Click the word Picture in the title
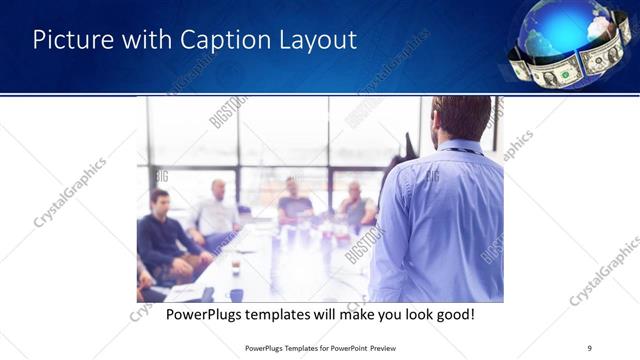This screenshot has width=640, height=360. click(x=68, y=41)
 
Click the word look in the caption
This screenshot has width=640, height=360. click(x=406, y=314)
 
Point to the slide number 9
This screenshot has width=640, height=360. click(x=589, y=348)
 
